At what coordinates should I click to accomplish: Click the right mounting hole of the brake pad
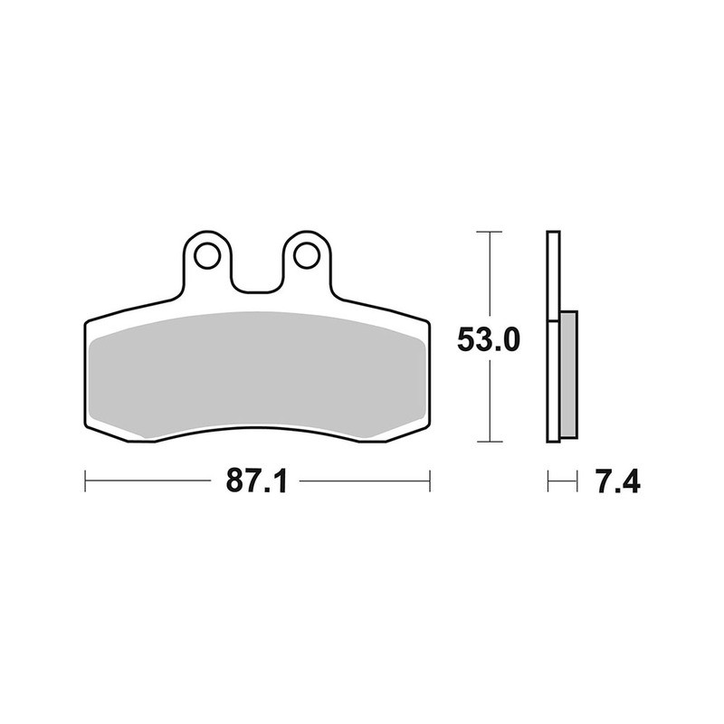point(307,255)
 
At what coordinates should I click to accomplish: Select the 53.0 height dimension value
point(488,340)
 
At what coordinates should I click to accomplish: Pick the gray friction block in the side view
point(568,371)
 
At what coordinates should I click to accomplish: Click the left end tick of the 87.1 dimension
point(85,481)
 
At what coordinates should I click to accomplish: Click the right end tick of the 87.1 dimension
point(429,481)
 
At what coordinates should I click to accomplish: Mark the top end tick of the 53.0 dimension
point(489,233)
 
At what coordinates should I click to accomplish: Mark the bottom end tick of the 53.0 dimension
point(489,443)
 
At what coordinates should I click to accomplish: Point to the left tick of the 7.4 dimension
point(548,481)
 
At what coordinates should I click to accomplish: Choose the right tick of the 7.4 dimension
point(576,481)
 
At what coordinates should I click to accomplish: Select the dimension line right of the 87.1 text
point(362,481)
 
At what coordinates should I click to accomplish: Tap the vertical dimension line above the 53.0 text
point(489,276)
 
